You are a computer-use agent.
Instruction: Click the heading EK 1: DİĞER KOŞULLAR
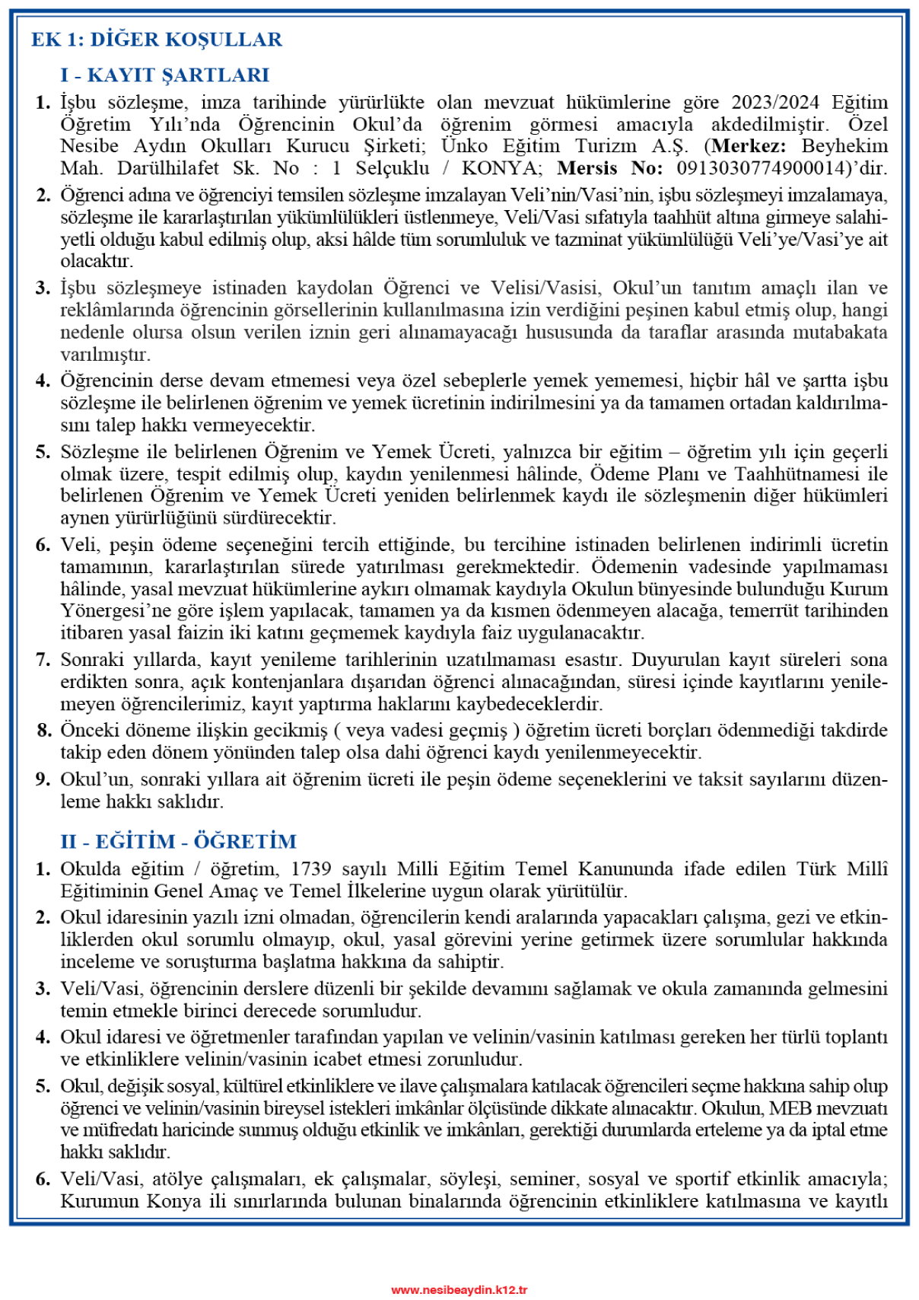point(157,40)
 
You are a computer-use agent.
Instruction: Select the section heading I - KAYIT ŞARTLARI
point(165,75)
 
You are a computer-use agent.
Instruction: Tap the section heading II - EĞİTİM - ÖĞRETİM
point(179,842)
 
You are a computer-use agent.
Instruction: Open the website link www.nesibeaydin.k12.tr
point(459,1289)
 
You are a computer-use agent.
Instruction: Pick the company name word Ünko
point(464,146)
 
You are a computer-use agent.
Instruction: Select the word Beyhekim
point(844,146)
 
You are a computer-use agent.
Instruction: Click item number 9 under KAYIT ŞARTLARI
point(43,779)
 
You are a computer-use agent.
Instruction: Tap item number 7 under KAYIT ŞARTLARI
point(43,660)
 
